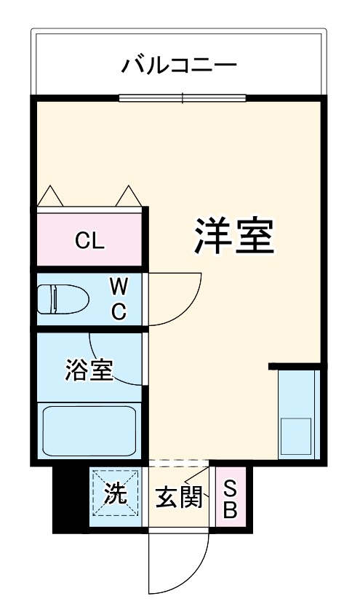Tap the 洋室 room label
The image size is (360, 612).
click(233, 235)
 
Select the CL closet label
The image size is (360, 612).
click(90, 241)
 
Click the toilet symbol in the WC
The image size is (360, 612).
click(63, 298)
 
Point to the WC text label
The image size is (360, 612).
click(119, 298)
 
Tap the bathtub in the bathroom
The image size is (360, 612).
click(89, 430)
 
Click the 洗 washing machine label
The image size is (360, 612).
click(114, 496)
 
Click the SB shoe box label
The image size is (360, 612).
click(229, 498)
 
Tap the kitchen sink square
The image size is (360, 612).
click(296, 435)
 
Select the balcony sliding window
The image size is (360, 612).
click(183, 98)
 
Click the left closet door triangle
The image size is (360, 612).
click(50, 196)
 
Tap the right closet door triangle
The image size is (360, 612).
click(129, 196)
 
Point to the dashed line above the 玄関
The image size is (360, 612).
click(179, 463)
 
